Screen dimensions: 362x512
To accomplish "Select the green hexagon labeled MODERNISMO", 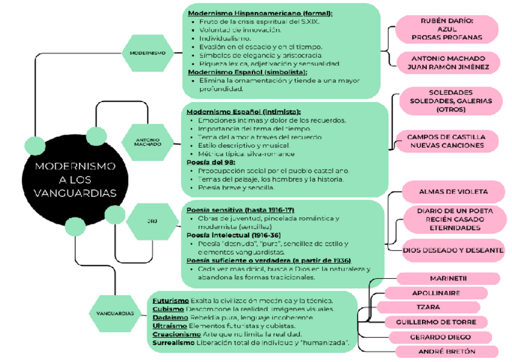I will pos(147,53).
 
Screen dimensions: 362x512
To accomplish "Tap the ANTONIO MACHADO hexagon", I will pos(148,142).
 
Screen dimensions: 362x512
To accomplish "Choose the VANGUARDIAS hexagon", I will pos(115,313).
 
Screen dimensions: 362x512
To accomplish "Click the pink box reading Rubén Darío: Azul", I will pos(447,29).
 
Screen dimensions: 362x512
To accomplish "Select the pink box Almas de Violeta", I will pos(453,192).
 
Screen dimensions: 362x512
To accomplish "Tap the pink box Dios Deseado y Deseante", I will pos(453,250).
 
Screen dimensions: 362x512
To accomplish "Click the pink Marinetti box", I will pos(449,278).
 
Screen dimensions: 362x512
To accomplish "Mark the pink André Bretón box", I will pos(447,351).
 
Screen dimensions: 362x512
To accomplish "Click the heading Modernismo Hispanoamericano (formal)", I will pos(260,13).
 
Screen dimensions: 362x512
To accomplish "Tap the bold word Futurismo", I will pos(171,300).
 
